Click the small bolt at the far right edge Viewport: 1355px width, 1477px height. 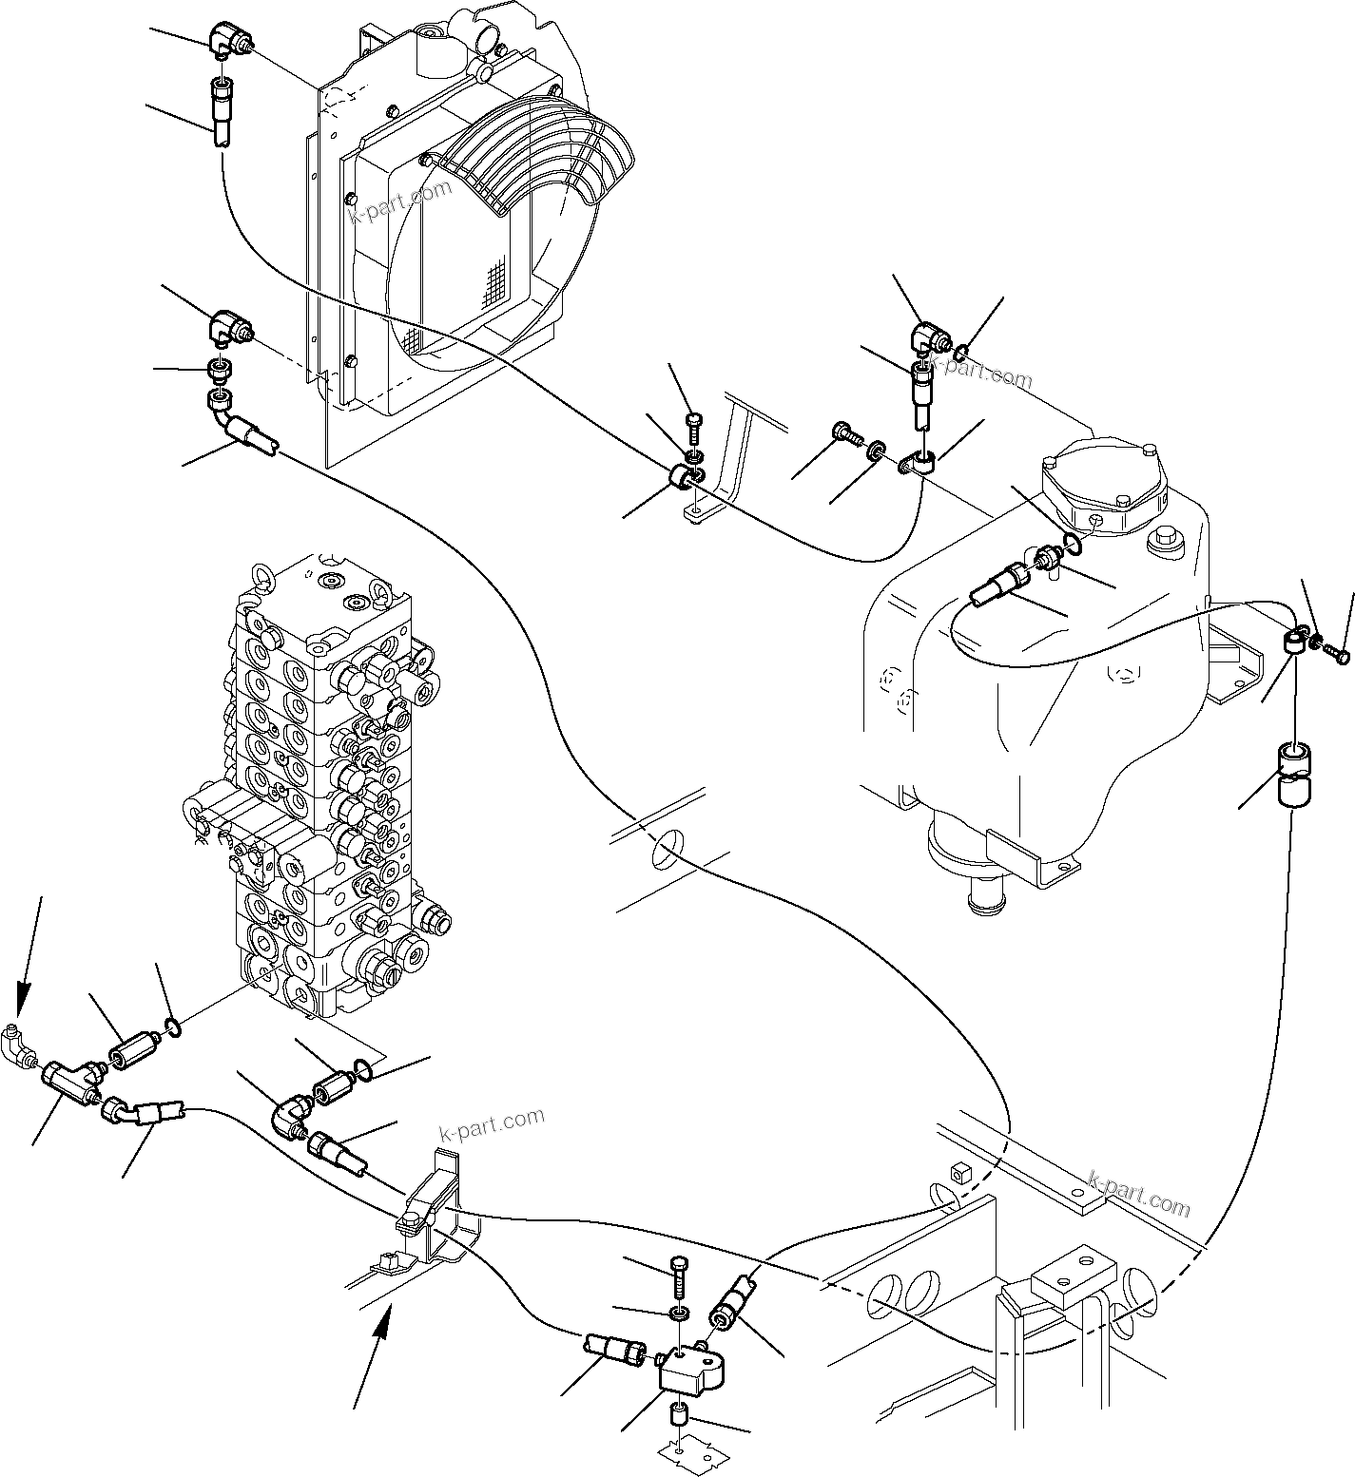1342,654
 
